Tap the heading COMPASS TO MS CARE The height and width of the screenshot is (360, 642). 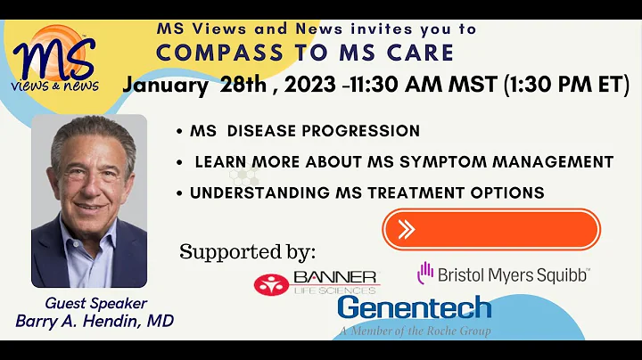tap(304, 52)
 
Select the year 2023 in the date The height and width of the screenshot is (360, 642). tap(326, 86)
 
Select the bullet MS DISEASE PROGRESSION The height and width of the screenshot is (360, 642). tap(304, 131)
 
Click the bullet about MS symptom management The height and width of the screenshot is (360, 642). tap(404, 162)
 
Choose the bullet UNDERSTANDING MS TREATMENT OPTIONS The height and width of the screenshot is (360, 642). tap(366, 192)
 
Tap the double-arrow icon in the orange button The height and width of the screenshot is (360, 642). tap(407, 229)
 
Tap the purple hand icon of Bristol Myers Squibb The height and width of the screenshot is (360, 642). tap(425, 273)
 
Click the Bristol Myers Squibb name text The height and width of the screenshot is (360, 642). tap(514, 274)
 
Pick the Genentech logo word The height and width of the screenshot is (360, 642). tap(414, 309)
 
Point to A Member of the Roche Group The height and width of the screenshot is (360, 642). tap(414, 331)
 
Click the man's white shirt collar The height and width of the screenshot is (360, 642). tap(95, 233)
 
